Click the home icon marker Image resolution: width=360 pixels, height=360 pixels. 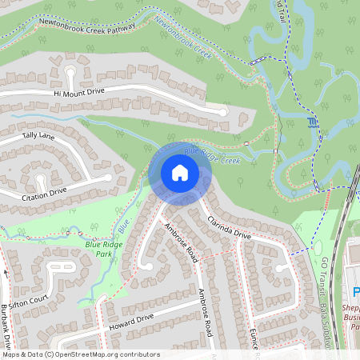click(x=179, y=173)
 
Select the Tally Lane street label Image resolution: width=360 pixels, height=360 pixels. click(x=38, y=136)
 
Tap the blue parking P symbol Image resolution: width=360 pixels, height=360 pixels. click(x=354, y=293)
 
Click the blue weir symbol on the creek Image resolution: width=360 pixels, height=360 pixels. click(x=311, y=122)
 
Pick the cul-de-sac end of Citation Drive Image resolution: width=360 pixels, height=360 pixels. click(x=107, y=178)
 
